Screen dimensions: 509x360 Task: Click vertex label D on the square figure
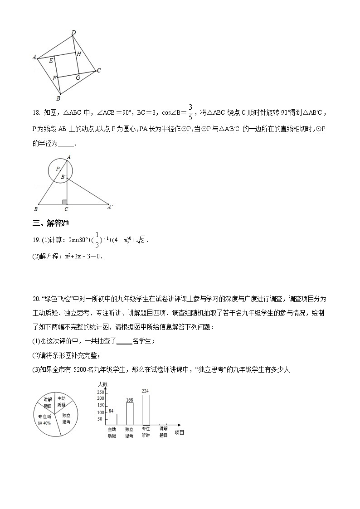tap(73, 32)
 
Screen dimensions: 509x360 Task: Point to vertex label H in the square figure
tap(79, 54)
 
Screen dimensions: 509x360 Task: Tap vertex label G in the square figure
tap(78, 78)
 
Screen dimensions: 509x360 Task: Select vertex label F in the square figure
tap(54, 78)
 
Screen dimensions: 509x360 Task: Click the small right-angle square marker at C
tap(65, 202)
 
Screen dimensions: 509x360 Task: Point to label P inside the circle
tap(58, 169)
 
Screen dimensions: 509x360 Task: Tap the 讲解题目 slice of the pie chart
tap(48, 402)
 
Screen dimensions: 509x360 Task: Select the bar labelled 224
tap(146, 410)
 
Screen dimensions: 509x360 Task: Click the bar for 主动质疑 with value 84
tap(113, 419)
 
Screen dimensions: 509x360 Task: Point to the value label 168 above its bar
tap(130, 400)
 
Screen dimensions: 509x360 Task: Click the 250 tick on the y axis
tap(101, 392)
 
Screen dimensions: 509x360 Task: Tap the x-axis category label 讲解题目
tap(163, 431)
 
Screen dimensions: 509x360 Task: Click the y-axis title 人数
tap(102, 384)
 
